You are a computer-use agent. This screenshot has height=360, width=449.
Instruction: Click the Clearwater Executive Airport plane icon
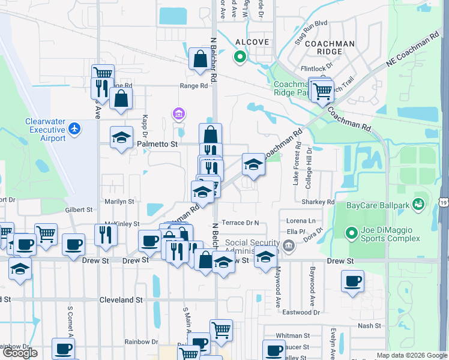(74, 128)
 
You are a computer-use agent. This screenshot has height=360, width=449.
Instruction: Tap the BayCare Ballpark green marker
(418, 205)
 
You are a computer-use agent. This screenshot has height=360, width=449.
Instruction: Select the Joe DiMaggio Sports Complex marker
(352, 232)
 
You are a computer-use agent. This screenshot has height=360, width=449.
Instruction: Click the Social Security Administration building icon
(289, 244)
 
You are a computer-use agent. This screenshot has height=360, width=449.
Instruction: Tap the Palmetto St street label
(158, 144)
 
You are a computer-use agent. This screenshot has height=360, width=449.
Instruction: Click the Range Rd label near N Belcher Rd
(193, 86)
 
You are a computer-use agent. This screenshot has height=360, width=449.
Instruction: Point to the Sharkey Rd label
(322, 202)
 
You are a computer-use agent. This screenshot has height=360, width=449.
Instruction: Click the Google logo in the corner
(20, 353)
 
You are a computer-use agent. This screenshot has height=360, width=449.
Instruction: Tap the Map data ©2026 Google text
(411, 355)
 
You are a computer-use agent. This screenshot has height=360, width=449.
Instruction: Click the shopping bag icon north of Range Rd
(199, 59)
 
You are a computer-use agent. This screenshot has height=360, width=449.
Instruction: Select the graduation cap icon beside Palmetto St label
(121, 137)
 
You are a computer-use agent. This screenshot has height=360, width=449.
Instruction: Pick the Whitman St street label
(292, 336)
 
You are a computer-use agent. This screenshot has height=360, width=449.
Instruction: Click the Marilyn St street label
(119, 202)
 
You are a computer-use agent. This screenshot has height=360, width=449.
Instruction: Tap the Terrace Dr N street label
(240, 223)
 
